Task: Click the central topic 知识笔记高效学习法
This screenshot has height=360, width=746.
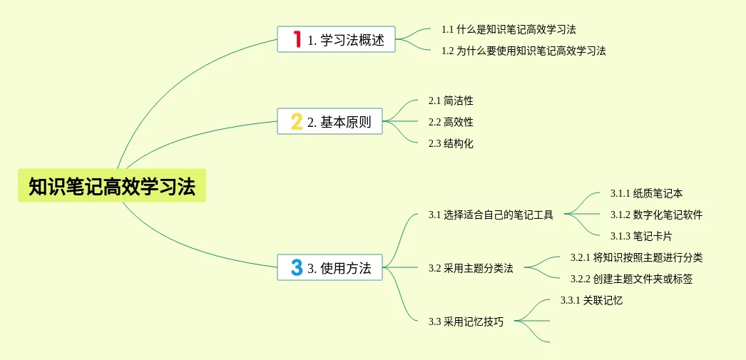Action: (112, 186)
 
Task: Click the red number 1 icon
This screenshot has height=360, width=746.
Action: (297, 39)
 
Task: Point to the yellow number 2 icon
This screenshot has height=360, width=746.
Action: (297, 121)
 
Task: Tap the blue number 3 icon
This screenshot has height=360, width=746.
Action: (297, 267)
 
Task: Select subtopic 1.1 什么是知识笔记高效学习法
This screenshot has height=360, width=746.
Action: (509, 29)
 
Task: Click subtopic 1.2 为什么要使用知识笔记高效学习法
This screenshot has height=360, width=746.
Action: (523, 51)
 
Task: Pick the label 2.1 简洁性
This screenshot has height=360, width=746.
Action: (451, 101)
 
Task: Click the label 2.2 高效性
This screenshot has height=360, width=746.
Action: (451, 122)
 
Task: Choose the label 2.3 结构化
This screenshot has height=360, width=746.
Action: (451, 143)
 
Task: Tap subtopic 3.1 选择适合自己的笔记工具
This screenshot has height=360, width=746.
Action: (491, 215)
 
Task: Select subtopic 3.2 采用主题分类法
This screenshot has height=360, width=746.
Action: (471, 268)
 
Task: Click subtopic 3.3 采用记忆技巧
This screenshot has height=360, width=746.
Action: (466, 322)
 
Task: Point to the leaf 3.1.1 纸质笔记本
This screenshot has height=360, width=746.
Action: (647, 193)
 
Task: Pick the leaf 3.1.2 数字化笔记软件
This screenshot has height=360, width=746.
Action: (656, 215)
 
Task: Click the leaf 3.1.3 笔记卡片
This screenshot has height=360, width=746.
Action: (641, 236)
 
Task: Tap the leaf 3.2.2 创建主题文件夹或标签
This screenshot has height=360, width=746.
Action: (631, 279)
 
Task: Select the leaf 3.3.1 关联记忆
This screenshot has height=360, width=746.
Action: (591, 300)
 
